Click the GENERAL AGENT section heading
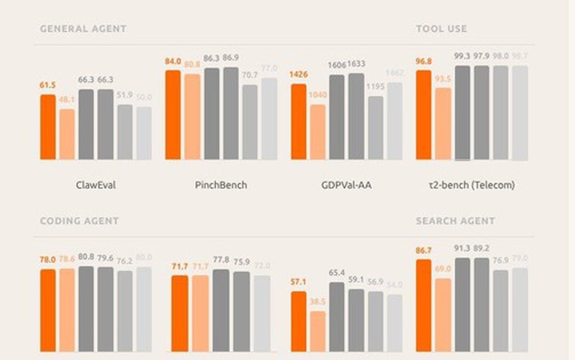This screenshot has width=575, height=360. (x=83, y=29)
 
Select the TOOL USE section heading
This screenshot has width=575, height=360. (x=441, y=29)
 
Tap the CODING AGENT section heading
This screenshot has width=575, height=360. (x=80, y=221)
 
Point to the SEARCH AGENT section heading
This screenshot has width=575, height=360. (x=455, y=221)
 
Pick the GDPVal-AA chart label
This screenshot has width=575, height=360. (x=346, y=185)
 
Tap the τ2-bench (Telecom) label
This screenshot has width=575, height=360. (x=471, y=185)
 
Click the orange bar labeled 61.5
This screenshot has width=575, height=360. (x=48, y=127)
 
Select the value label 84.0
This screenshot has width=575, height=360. (x=172, y=62)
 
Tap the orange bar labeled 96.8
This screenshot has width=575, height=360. (x=424, y=115)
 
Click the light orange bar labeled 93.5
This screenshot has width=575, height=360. (x=443, y=123)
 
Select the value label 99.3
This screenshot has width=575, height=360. (x=462, y=57)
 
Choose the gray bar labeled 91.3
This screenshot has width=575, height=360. (x=462, y=304)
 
